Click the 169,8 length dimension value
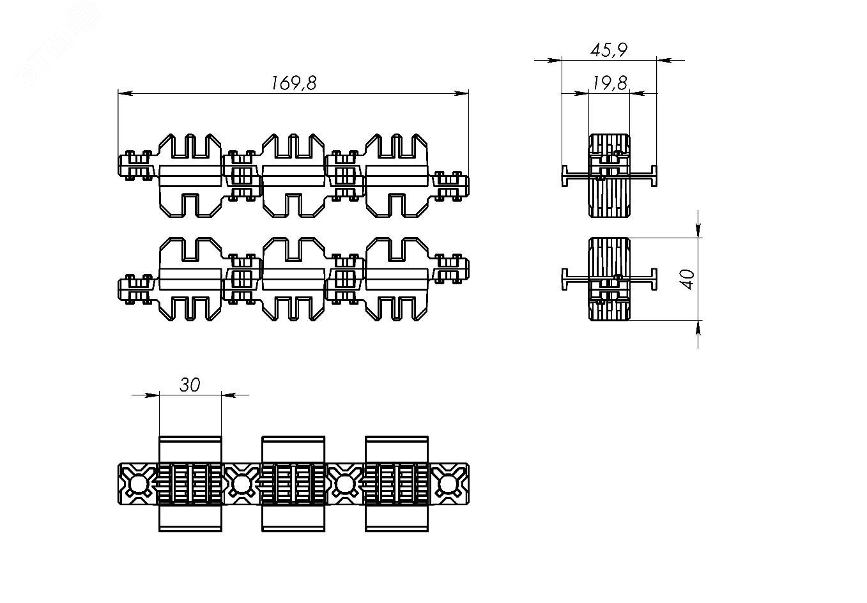pos(294,83)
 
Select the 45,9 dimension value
pos(609,50)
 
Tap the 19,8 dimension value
pos(610,83)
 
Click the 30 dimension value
pos(190,385)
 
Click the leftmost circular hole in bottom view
pos(138,484)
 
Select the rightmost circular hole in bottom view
pos(449,484)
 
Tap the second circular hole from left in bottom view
pos(242,484)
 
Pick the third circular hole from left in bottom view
pos(345,484)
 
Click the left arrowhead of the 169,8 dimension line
pos(125,93)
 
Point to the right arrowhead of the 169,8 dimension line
pos(461,93)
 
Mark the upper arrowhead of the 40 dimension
pos(698,231)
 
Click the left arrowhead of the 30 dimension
pos(151,395)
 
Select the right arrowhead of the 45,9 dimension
pos(664,61)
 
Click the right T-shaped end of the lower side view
pos(654,279)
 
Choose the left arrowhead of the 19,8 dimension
pos(581,93)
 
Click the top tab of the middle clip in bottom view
pos(293,449)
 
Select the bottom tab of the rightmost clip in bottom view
pos(397,519)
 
